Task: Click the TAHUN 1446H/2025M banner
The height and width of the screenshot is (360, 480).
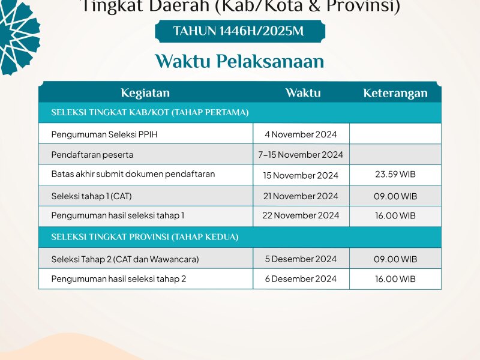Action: pyautogui.click(x=239, y=31)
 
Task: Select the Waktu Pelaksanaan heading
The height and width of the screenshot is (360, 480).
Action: pyautogui.click(x=239, y=62)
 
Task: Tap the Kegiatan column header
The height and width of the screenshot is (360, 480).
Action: pyautogui.click(x=145, y=93)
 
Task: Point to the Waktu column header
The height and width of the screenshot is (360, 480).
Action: pyautogui.click(x=302, y=93)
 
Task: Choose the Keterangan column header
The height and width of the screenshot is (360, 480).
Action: pyautogui.click(x=395, y=93)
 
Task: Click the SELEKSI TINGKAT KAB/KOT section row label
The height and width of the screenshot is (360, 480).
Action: pyautogui.click(x=150, y=113)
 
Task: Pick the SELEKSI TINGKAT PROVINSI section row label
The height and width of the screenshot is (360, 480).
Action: pyautogui.click(x=145, y=237)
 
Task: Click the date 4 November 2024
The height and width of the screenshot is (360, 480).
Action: pyautogui.click(x=301, y=134)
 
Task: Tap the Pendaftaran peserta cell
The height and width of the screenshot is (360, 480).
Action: pyautogui.click(x=92, y=155)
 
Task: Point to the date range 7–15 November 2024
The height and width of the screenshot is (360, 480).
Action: pyautogui.click(x=301, y=155)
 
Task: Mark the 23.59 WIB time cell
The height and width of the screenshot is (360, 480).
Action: pyautogui.click(x=395, y=175)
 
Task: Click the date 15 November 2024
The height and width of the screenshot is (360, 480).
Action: pyautogui.click(x=301, y=175)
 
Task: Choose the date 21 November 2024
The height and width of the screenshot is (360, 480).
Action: pyautogui.click(x=301, y=196)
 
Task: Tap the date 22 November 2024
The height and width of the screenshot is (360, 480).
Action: pyautogui.click(x=301, y=215)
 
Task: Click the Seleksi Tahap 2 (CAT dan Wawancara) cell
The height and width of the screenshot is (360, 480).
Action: pyautogui.click(x=125, y=259)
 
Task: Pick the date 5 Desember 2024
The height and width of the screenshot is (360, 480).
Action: pyautogui.click(x=301, y=259)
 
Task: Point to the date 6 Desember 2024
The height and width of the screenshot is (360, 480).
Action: pyautogui.click(x=301, y=279)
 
